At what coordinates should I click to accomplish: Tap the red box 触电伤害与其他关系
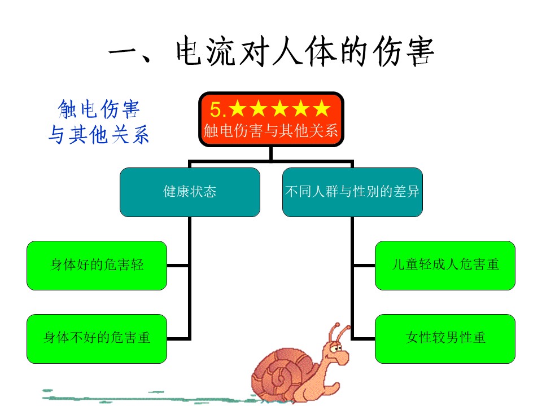click(x=271, y=119)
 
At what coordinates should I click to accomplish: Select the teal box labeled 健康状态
click(x=190, y=192)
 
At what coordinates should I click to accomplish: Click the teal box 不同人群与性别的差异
click(x=352, y=192)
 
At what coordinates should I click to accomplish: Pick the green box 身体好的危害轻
click(x=97, y=265)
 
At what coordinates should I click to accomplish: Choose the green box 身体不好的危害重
click(x=97, y=338)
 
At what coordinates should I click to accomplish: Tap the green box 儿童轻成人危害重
click(x=445, y=265)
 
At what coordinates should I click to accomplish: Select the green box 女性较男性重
click(x=445, y=338)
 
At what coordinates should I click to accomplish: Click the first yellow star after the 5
click(x=238, y=108)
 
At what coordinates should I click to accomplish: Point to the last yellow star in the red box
click(x=322, y=108)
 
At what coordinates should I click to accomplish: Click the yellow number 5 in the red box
click(x=215, y=109)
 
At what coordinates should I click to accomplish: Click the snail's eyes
click(x=335, y=348)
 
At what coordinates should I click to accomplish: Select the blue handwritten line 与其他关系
click(x=99, y=134)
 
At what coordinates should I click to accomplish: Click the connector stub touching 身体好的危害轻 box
click(x=177, y=266)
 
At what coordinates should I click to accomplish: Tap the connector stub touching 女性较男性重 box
click(x=364, y=339)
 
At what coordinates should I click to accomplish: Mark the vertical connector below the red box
click(x=271, y=154)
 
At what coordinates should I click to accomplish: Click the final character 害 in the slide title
click(x=420, y=52)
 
